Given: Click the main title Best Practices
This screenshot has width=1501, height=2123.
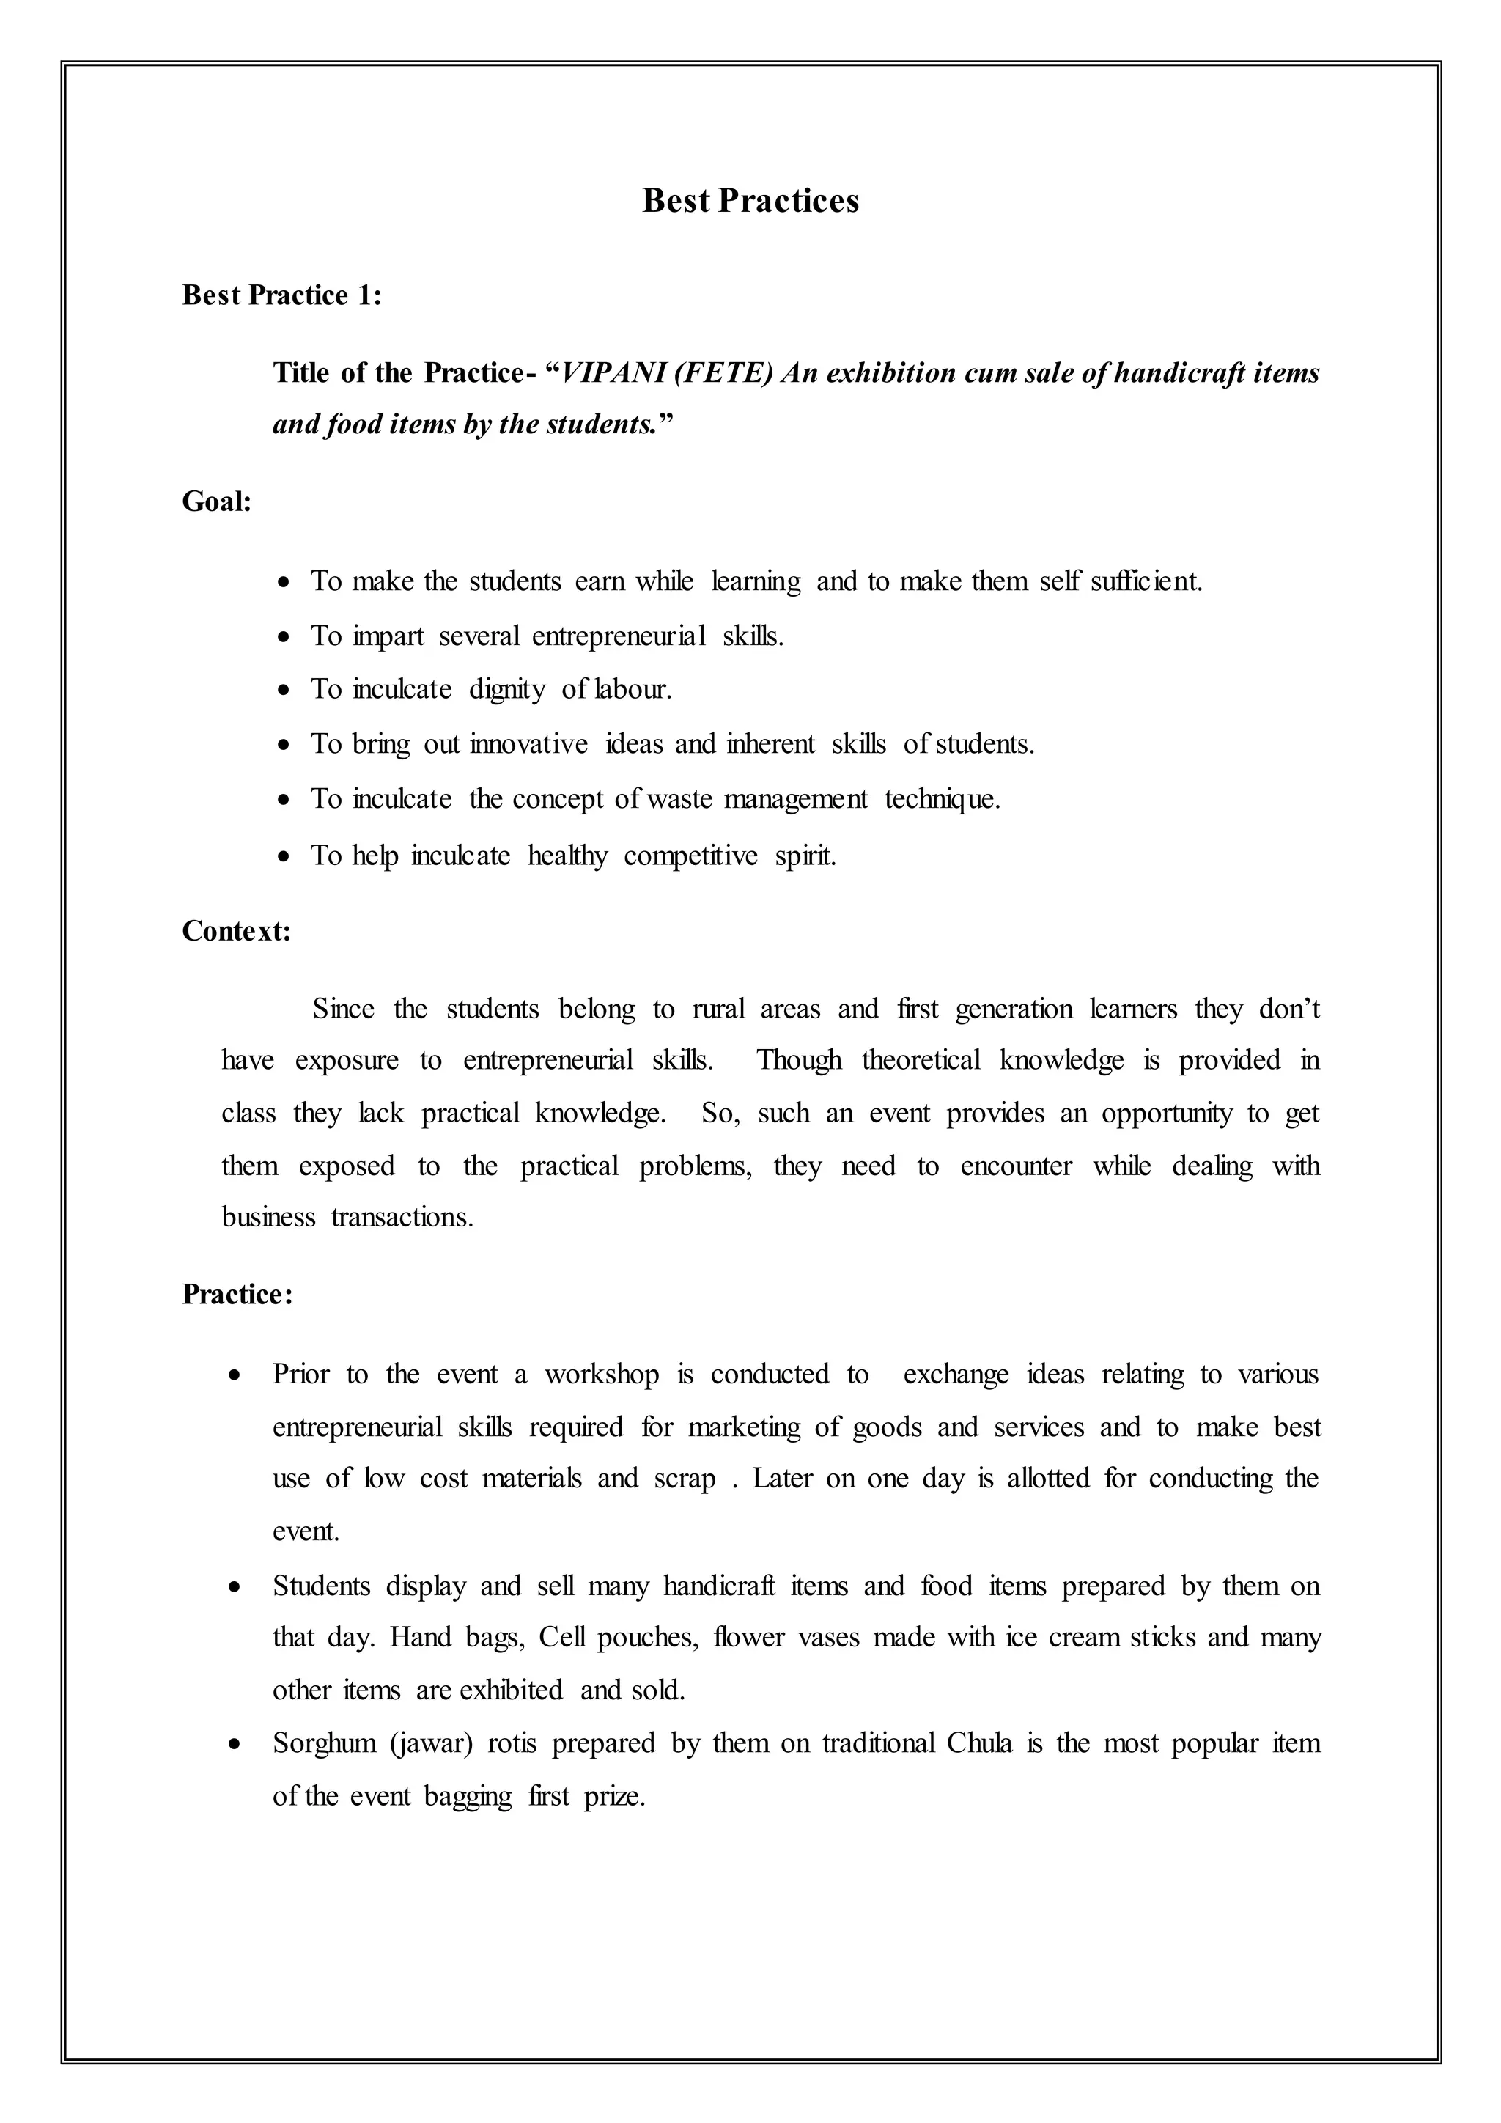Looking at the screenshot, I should pyautogui.click(x=750, y=201).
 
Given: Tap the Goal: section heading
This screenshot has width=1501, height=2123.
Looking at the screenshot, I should pyautogui.click(x=217, y=502).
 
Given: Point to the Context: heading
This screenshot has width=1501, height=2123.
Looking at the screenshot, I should pyautogui.click(x=237, y=930).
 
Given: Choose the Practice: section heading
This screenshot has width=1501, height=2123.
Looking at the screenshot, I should pyautogui.click(x=237, y=1295).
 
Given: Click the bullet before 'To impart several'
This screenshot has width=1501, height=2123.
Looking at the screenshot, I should pyautogui.click(x=286, y=637).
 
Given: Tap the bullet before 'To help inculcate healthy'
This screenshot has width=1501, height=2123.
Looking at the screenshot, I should pyautogui.click(x=286, y=857).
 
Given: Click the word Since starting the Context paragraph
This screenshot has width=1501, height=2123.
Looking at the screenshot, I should pyautogui.click(x=344, y=1009).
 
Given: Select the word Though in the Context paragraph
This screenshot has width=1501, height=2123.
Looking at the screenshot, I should pyautogui.click(x=800, y=1061).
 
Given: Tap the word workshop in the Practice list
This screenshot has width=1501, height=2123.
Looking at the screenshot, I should pyautogui.click(x=602, y=1375).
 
